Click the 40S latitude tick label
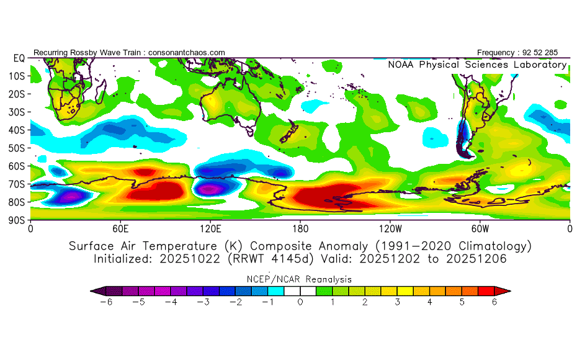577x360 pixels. point(16,130)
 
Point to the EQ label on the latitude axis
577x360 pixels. point(19,58)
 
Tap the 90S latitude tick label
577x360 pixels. point(16,220)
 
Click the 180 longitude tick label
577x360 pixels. point(300,228)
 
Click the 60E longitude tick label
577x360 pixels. point(120,228)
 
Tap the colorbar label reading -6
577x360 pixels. point(106,302)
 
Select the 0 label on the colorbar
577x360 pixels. point(300,302)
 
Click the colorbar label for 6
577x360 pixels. point(494,302)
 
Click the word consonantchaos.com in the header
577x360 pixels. point(187,53)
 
